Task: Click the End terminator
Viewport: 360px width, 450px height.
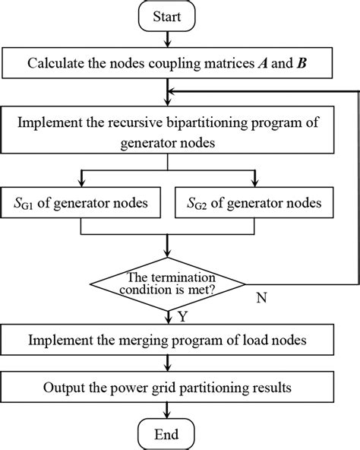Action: (x=166, y=434)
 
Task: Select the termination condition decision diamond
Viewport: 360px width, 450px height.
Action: (x=167, y=284)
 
